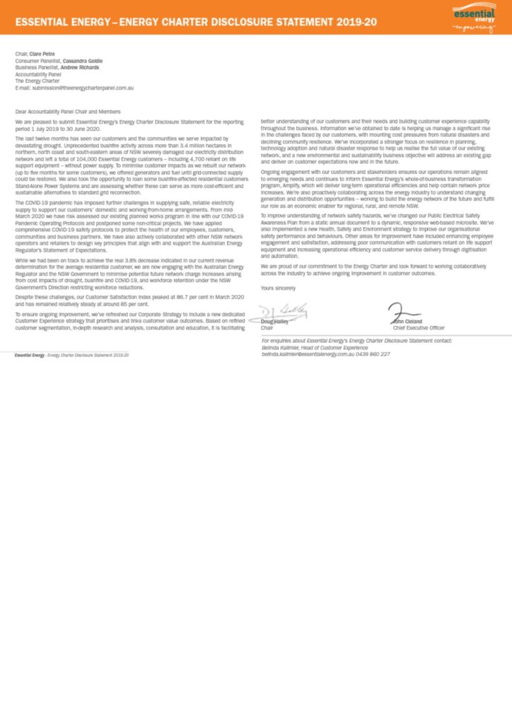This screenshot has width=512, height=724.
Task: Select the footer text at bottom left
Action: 72,334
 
